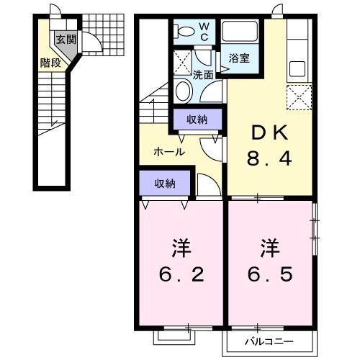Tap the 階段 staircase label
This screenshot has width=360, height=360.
point(50,62)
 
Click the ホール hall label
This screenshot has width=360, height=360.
point(170,152)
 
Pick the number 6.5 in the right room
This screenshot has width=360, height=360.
point(270,275)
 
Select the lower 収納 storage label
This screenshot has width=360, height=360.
point(165,183)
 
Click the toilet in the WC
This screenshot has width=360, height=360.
point(184,31)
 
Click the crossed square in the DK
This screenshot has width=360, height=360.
point(297,96)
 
